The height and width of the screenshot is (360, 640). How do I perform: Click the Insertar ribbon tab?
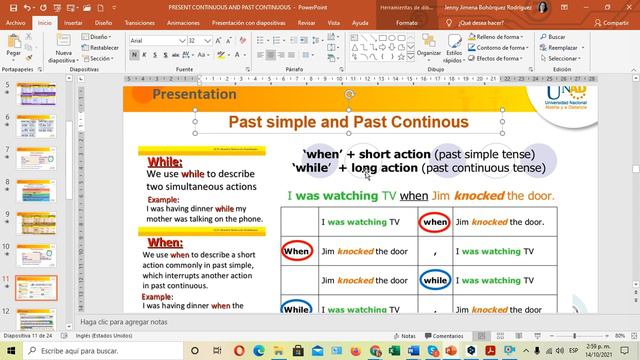coord(73,20)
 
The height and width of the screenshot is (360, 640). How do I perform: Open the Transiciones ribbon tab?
coord(141,20)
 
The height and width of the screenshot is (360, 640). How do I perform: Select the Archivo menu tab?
coord(16,20)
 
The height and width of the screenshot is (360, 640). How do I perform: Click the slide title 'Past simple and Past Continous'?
coord(348,122)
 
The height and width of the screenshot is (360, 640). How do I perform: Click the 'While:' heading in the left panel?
coord(165,162)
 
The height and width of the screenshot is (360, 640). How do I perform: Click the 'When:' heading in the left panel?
coord(165,242)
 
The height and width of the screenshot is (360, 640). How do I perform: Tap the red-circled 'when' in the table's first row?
coord(435,221)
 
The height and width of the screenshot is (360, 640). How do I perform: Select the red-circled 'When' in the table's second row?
coord(297,251)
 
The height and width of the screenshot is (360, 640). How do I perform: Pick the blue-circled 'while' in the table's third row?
coord(435,282)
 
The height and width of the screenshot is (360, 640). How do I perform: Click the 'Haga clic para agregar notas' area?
coord(130,323)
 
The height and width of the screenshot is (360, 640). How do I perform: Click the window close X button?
coord(627,6)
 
